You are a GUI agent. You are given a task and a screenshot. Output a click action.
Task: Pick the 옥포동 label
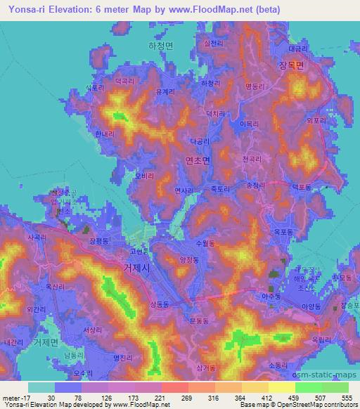[x=283, y=231]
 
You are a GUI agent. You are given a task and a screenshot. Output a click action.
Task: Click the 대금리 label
[x=299, y=49]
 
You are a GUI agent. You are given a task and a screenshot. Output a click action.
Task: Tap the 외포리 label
[x=316, y=120]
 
